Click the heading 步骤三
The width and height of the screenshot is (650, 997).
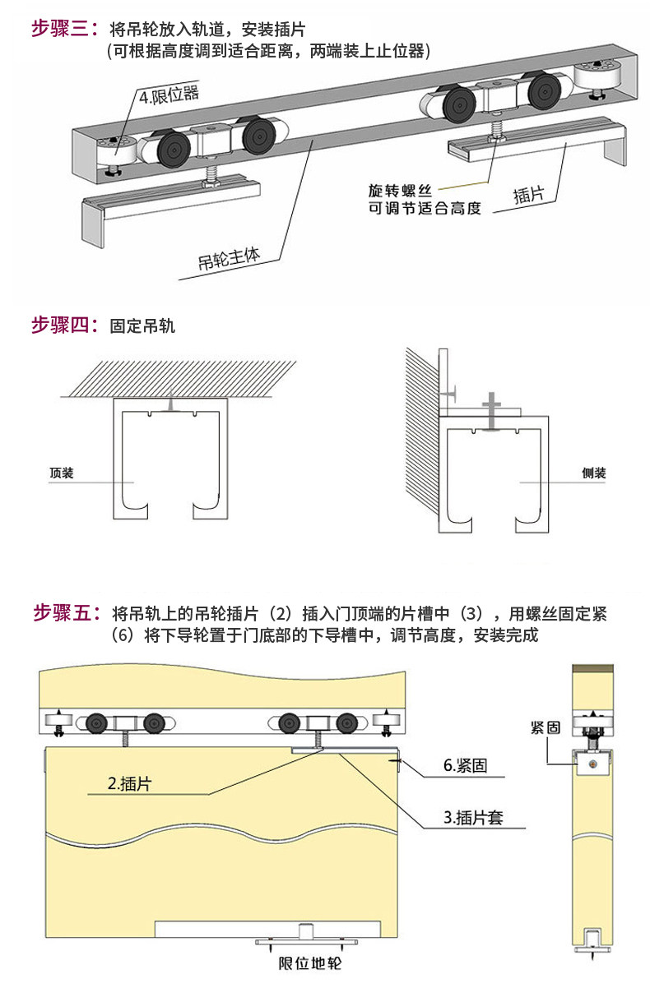64,30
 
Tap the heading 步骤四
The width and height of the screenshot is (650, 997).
64,325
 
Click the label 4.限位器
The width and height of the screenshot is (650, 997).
169,96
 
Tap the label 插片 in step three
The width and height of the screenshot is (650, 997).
527,195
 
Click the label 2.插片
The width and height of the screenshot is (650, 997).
130,783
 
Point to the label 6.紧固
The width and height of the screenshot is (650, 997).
465,766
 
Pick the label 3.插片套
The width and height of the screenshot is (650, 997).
473,818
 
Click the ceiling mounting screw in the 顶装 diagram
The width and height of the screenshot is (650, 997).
169,404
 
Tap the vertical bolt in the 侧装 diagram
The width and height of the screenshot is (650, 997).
491,411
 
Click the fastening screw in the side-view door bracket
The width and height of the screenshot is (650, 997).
591,764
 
